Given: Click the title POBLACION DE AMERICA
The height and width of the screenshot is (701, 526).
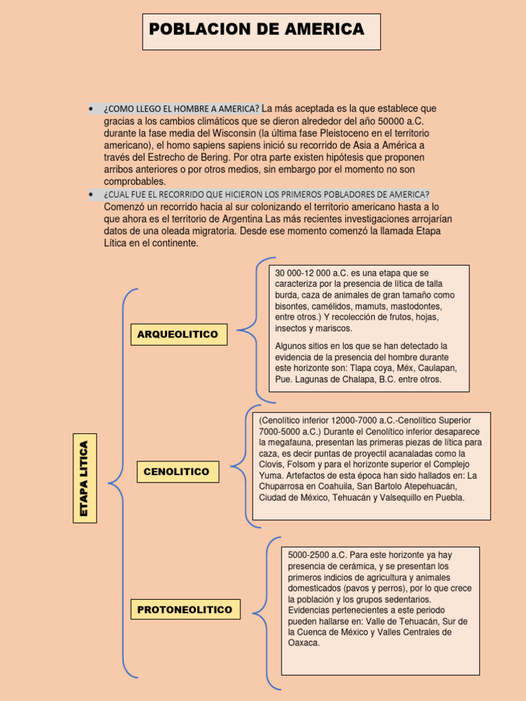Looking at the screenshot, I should click(x=257, y=29).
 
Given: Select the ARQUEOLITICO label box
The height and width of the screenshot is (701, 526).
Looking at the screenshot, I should click(x=178, y=334).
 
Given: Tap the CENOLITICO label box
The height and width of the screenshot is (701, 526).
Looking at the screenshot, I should click(x=177, y=472).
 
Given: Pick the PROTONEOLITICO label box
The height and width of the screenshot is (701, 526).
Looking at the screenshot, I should click(x=185, y=609).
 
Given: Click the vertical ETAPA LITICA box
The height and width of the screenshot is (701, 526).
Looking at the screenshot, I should click(x=85, y=478).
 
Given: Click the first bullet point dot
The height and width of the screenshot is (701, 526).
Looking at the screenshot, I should click(x=91, y=109).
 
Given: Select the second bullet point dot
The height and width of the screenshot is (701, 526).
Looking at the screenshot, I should click(x=91, y=194).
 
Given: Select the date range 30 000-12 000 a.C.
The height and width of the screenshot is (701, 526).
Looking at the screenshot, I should click(x=308, y=273).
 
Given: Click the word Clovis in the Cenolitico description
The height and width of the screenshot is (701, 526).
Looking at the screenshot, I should click(x=271, y=464).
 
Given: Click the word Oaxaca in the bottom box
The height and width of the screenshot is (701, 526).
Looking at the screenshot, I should click(x=304, y=643).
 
